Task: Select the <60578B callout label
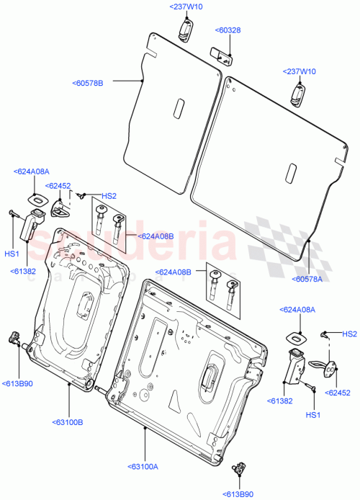tap(88, 84)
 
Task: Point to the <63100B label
tap(67, 422)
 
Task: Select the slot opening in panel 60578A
tap(291, 174)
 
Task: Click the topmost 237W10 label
tap(186, 6)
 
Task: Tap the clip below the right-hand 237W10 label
tap(298, 94)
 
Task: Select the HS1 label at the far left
tap(12, 254)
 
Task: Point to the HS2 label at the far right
tap(349, 334)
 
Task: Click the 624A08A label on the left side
tap(31, 171)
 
